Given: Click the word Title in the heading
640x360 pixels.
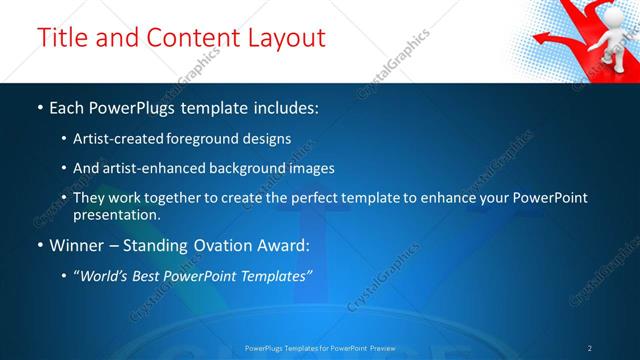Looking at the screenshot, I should [62, 38].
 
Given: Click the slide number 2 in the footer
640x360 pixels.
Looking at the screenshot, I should [590, 347].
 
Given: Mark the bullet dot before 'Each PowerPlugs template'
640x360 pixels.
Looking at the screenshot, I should [39, 106].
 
